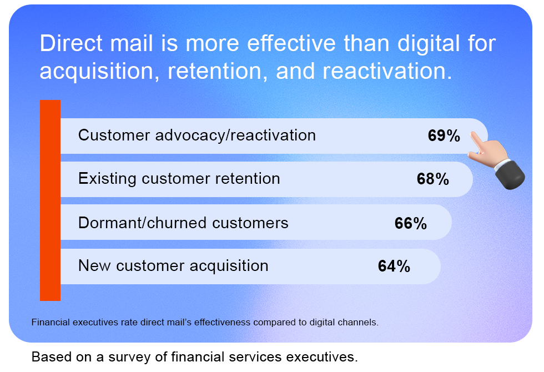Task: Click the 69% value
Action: click(x=444, y=135)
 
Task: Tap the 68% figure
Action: click(x=432, y=179)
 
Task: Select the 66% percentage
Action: click(x=410, y=223)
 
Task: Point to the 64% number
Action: click(x=394, y=266)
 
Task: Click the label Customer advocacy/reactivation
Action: click(x=197, y=135)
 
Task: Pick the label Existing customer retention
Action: click(x=179, y=179)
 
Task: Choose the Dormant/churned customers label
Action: click(x=183, y=223)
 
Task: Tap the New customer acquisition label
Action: click(x=173, y=266)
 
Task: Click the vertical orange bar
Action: click(x=51, y=200)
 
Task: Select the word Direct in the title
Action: click(x=72, y=43)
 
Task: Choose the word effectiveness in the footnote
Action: click(x=222, y=323)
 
